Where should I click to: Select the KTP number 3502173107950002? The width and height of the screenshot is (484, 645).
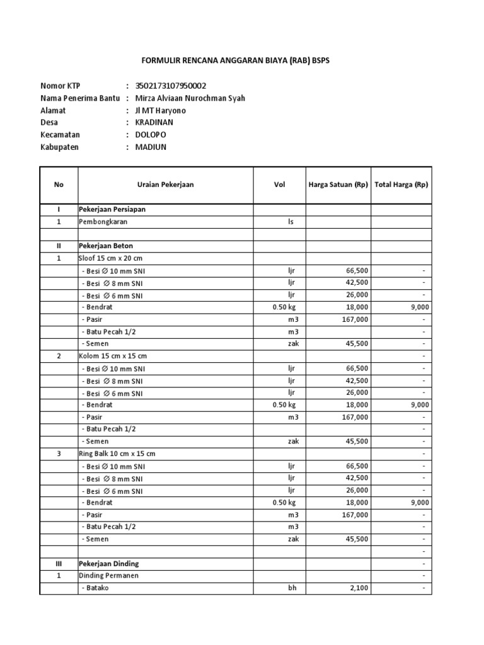tap(171, 86)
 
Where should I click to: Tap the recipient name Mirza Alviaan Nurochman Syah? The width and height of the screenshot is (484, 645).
tap(190, 98)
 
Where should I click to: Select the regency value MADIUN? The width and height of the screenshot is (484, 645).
tap(151, 147)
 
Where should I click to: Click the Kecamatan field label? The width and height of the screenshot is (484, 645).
tap(60, 135)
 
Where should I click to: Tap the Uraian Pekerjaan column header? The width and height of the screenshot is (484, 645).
tap(165, 185)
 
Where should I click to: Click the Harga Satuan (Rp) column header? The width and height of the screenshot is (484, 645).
tap(338, 185)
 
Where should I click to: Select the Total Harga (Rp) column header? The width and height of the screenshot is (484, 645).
tap(401, 185)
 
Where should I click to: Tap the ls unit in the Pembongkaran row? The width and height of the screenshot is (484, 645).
tap(291, 222)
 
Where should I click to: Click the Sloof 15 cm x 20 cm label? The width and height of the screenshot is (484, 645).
tap(110, 258)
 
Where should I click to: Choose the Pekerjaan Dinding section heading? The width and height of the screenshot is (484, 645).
tap(108, 563)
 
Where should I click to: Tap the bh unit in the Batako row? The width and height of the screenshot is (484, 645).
tap(292, 588)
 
